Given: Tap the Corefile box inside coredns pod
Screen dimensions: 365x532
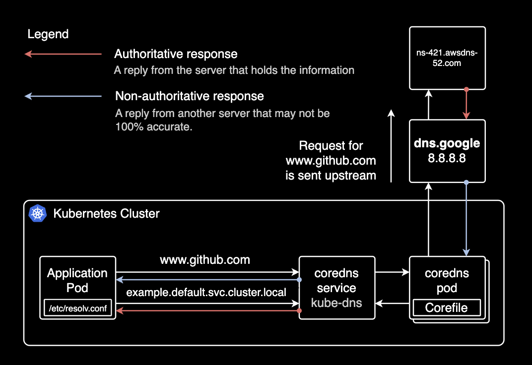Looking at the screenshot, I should point(447,308).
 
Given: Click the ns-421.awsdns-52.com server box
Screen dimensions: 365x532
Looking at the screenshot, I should point(447,58).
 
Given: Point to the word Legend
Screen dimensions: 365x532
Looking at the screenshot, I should point(48,34).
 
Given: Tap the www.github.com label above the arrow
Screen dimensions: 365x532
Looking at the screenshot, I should point(204,260).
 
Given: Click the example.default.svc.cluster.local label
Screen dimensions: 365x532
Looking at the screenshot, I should point(206,293).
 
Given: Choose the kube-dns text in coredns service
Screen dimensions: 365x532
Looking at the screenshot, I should point(336,303).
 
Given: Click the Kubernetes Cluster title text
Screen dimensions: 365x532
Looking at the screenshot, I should point(107,214).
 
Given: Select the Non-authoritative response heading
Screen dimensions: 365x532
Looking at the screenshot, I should point(189,96).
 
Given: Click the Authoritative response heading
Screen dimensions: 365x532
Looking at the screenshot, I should point(176,54).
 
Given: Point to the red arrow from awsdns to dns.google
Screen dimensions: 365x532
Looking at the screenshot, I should point(466,104).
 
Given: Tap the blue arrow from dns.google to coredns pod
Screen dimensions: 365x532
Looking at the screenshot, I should point(466,218).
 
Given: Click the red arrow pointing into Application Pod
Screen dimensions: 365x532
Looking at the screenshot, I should point(208,311).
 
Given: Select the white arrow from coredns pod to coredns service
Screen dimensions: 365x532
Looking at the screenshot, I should point(392,303).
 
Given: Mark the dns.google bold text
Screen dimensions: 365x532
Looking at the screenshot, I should point(447,144).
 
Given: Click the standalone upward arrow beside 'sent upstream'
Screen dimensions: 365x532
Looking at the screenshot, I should point(391,146).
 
